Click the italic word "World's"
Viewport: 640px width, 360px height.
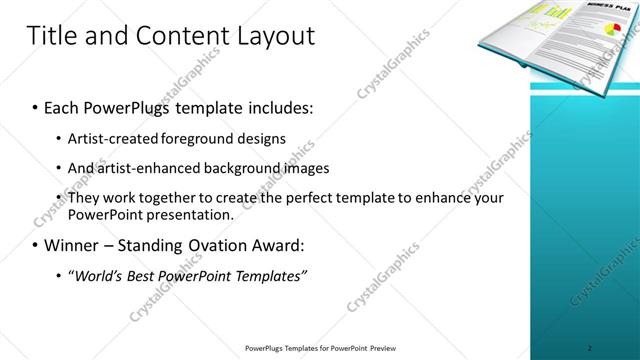102,275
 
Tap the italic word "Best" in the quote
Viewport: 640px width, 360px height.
150,275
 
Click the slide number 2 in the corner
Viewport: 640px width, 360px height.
590,349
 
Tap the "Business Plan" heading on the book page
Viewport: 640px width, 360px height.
575,10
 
